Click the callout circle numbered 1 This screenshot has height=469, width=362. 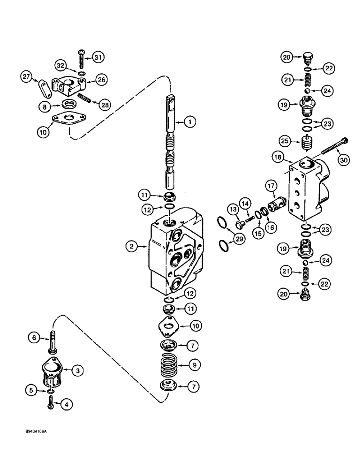(x=189, y=122)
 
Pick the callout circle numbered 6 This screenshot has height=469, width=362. (x=32, y=336)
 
